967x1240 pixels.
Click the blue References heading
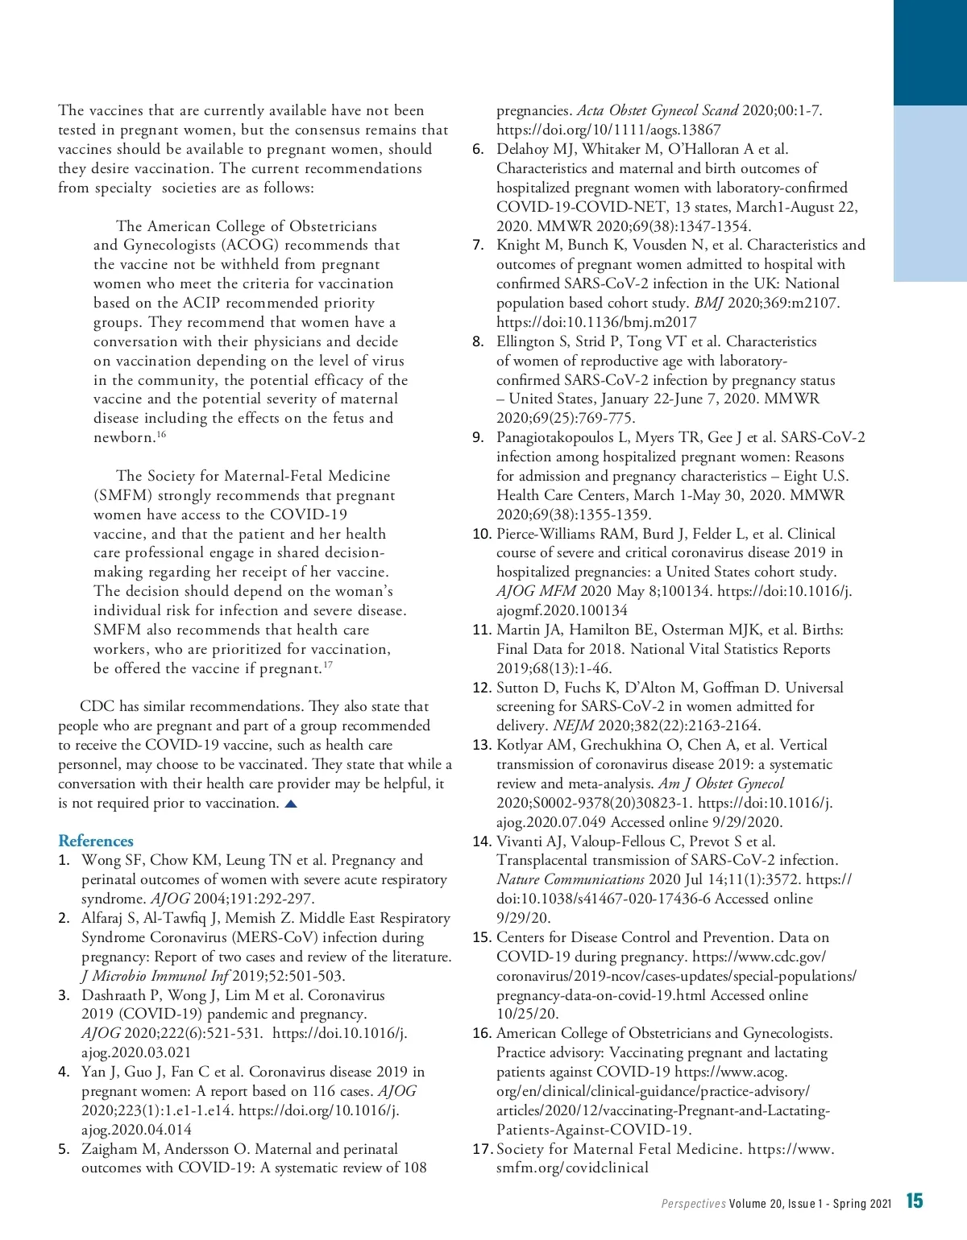click(x=96, y=841)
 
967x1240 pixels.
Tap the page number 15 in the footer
click(x=915, y=1201)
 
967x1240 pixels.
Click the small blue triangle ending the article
click(x=291, y=804)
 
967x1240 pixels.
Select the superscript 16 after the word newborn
click(x=161, y=435)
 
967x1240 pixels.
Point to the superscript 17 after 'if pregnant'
click(x=328, y=665)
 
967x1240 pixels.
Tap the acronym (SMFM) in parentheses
click(x=122, y=495)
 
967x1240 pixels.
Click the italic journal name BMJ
click(x=709, y=303)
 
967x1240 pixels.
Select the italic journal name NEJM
click(x=573, y=725)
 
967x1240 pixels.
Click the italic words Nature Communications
click(x=571, y=879)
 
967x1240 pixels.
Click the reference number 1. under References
click(x=64, y=861)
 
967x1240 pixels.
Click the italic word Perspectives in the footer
click(x=693, y=1204)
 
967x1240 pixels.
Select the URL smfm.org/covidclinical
click(x=572, y=1168)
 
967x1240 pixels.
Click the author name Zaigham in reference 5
click(x=110, y=1149)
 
